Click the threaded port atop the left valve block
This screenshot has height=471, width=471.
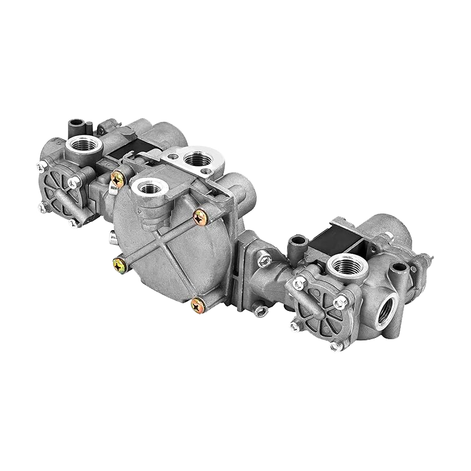tap(81, 144)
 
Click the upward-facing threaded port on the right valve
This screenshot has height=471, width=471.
tap(347, 265)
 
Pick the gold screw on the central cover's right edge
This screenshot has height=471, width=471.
tap(201, 215)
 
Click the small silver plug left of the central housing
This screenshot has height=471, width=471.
tap(111, 237)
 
